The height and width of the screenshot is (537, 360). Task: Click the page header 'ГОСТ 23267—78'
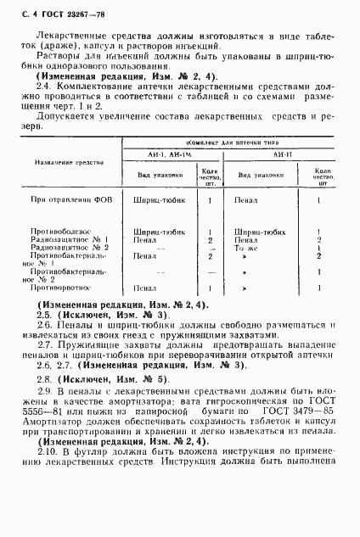[52, 9]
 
